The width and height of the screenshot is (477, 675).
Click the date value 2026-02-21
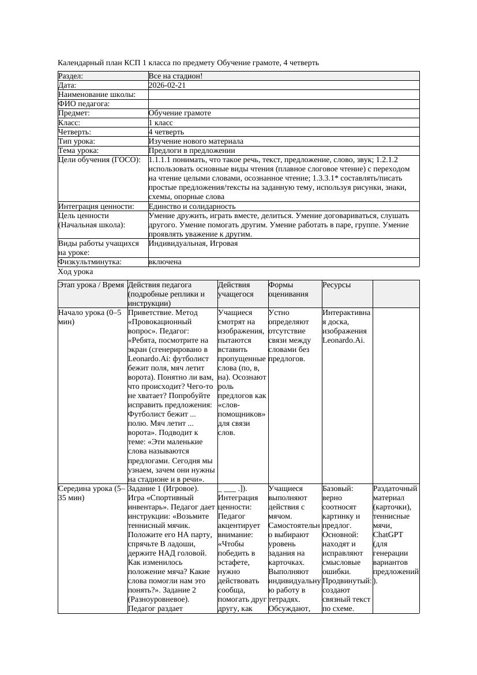pyautogui.click(x=167, y=85)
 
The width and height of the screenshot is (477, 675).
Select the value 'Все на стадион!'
pyautogui.click(x=175, y=76)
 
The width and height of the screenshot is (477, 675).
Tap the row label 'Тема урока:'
pyautogui.click(x=78, y=150)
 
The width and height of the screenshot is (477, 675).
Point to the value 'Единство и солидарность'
pyautogui.click(x=192, y=206)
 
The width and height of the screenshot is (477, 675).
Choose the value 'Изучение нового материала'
pyautogui.click(x=196, y=141)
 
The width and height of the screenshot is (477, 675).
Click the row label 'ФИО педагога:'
pyautogui.click(x=84, y=104)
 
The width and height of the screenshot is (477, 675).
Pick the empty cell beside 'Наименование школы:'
pyautogui.click(x=283, y=95)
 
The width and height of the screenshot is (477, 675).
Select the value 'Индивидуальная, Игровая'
pyautogui.click(x=193, y=243)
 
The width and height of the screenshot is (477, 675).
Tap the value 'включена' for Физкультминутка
pyautogui.click(x=165, y=262)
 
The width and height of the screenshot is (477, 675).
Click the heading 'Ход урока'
pyautogui.click(x=76, y=272)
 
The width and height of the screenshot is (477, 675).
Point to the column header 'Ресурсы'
pyautogui.click(x=336, y=285)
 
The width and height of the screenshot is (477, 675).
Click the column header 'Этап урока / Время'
pyautogui.click(x=91, y=285)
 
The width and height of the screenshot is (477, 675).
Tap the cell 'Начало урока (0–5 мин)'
pyautogui.click(x=90, y=317)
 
